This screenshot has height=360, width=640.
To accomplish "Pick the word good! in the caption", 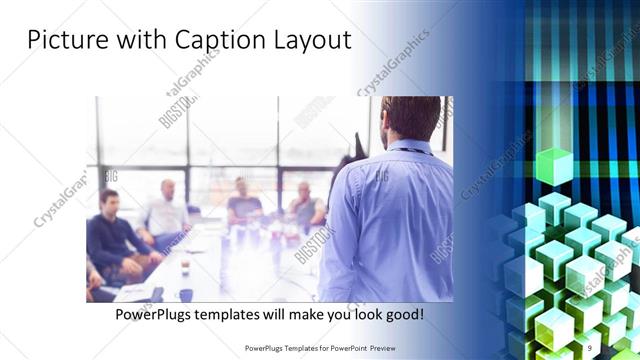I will (x=401, y=314).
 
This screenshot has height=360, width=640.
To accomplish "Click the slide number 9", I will (x=592, y=347).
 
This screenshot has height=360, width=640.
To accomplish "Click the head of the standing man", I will (x=410, y=118).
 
